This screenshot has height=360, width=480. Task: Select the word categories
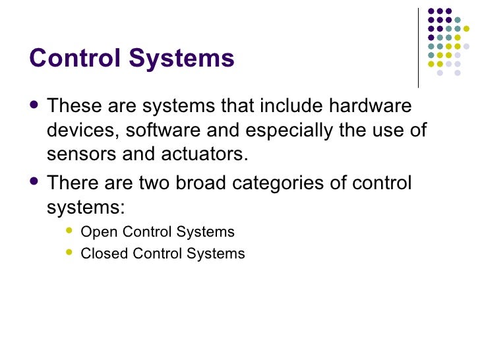(x=285, y=182)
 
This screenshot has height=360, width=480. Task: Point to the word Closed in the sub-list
(x=100, y=253)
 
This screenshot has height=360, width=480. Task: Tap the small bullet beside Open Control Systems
(x=71, y=231)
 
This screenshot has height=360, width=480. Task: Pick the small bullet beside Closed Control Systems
(x=71, y=253)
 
